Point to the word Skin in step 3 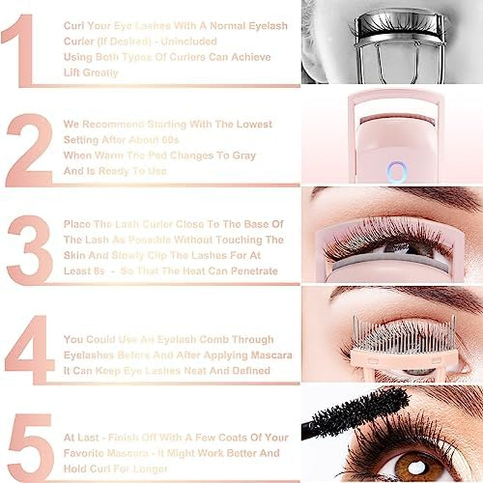pyautogui.click(x=75, y=255)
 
